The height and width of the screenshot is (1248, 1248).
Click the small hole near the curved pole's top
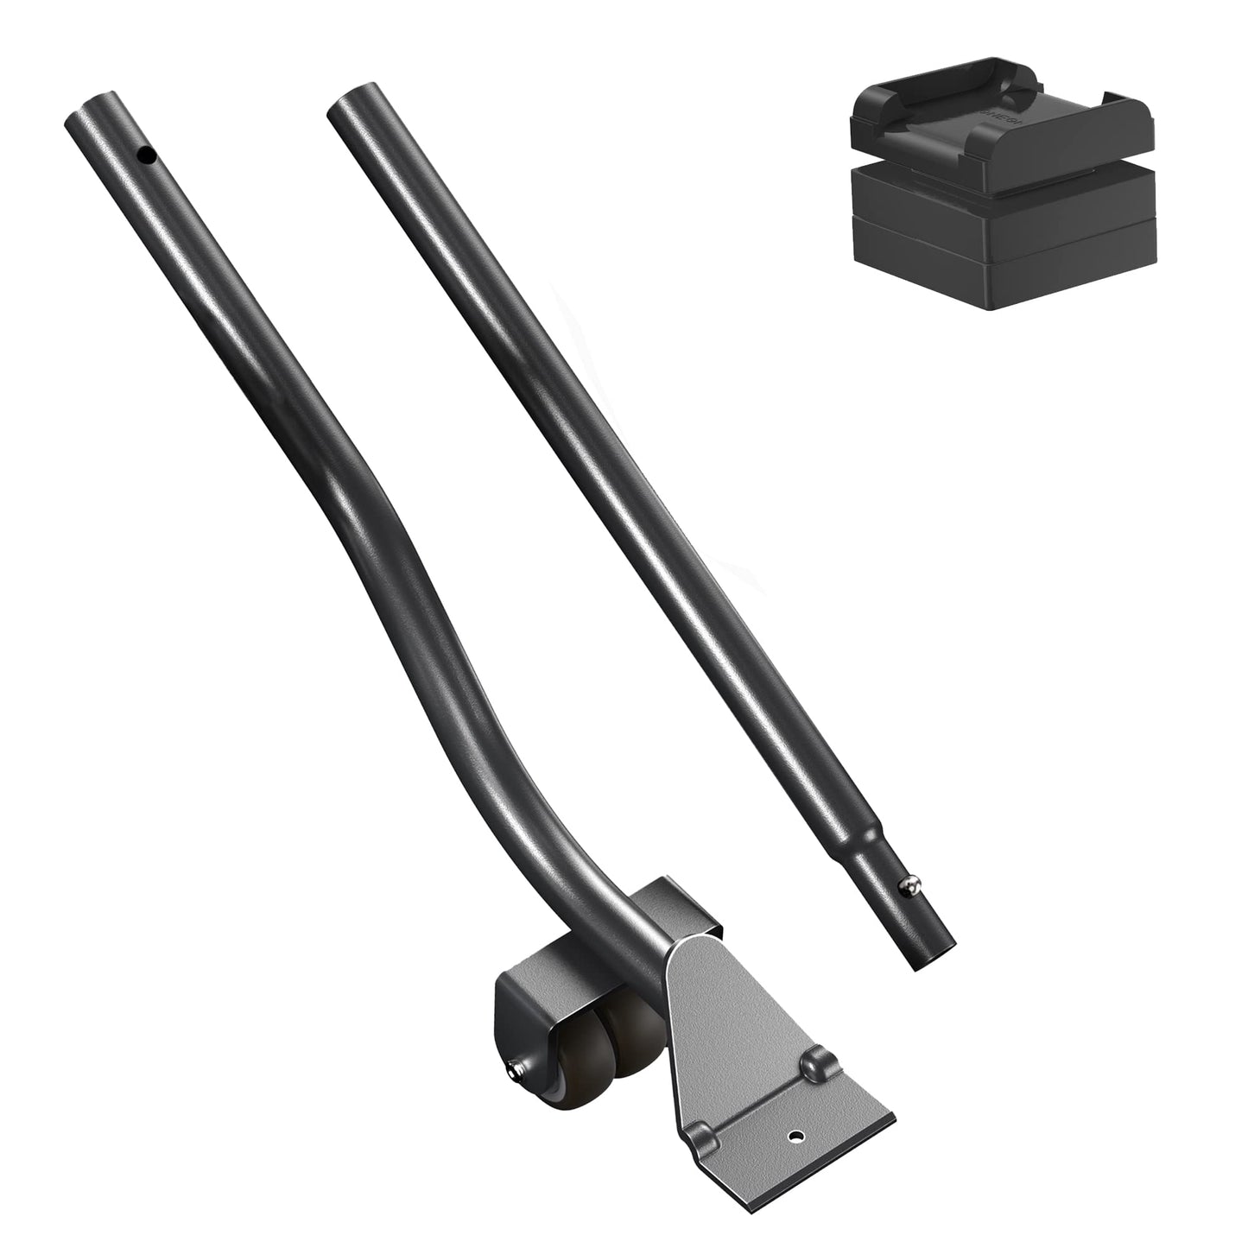149,156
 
